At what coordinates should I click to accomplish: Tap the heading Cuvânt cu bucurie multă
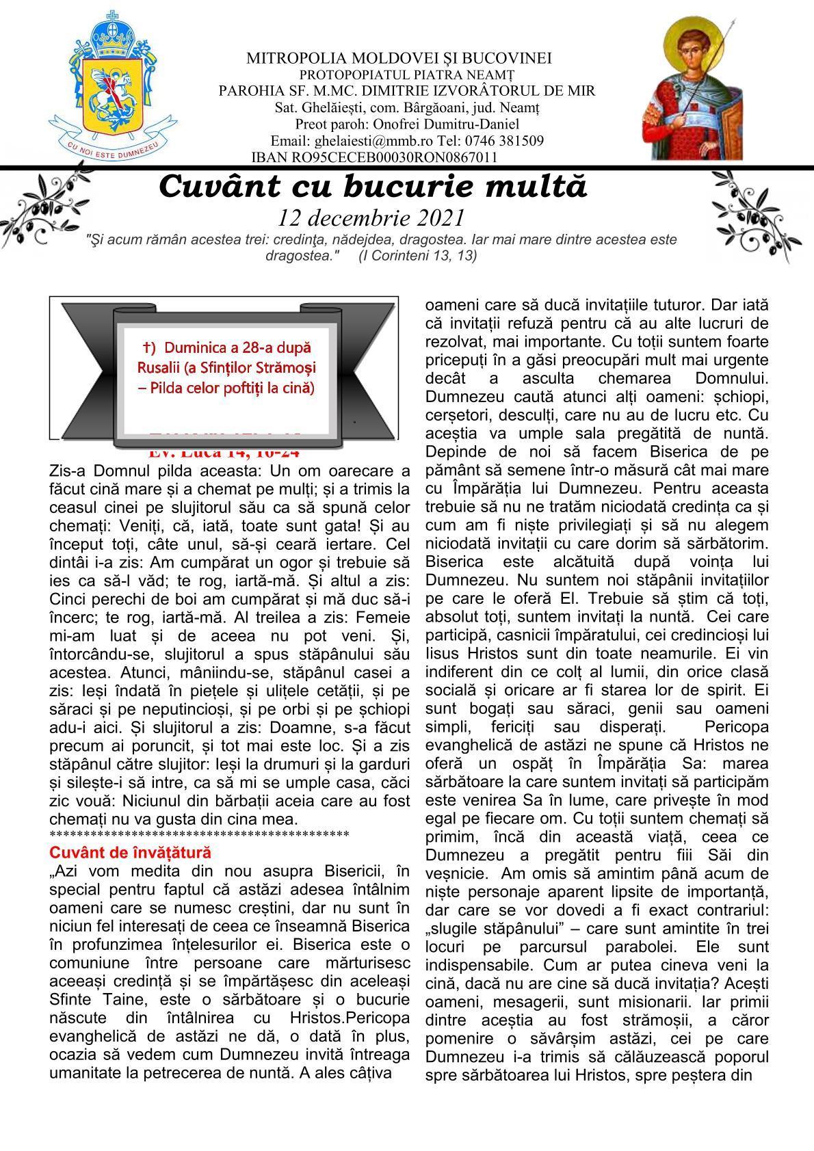[373, 186]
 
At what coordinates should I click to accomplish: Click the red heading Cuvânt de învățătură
[130, 853]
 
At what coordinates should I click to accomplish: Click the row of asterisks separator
[199, 834]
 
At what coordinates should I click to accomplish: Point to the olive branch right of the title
[752, 209]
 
